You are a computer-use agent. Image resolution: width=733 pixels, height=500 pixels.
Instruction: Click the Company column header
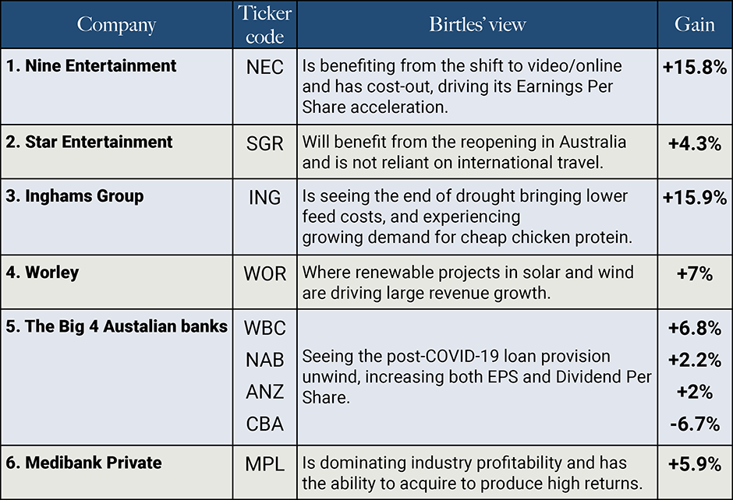pos(116,24)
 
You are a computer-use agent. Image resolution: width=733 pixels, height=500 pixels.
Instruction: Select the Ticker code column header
pos(264,25)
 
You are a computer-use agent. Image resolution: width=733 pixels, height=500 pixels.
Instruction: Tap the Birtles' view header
pos(477,24)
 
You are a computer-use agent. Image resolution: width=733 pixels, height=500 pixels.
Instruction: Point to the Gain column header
pos(694,24)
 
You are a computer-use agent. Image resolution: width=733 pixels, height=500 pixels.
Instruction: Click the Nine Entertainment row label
pos(90,66)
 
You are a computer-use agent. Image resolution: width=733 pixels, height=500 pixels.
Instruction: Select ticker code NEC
pos(264,67)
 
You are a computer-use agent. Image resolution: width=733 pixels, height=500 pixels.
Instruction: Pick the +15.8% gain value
pos(694,67)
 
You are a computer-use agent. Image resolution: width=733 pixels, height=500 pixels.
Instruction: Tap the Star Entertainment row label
pos(89,143)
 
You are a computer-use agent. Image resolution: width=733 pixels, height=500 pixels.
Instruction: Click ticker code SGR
pos(264,143)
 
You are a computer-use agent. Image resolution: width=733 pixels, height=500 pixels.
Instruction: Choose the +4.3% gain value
pos(694,143)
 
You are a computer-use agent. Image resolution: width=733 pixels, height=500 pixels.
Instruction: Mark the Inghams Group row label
pos(75,196)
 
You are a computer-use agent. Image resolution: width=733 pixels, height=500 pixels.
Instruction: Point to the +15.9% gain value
pos(694,197)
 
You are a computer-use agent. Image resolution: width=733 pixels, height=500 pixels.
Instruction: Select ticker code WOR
pos(264,273)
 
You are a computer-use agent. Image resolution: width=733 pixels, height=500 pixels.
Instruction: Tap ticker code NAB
pos(264,360)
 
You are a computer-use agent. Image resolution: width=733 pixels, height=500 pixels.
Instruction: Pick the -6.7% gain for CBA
pos(694,424)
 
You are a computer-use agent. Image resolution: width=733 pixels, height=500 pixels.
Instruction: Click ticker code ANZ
pos(264,392)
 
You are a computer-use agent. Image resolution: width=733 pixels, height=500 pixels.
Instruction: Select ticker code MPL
pos(264,464)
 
